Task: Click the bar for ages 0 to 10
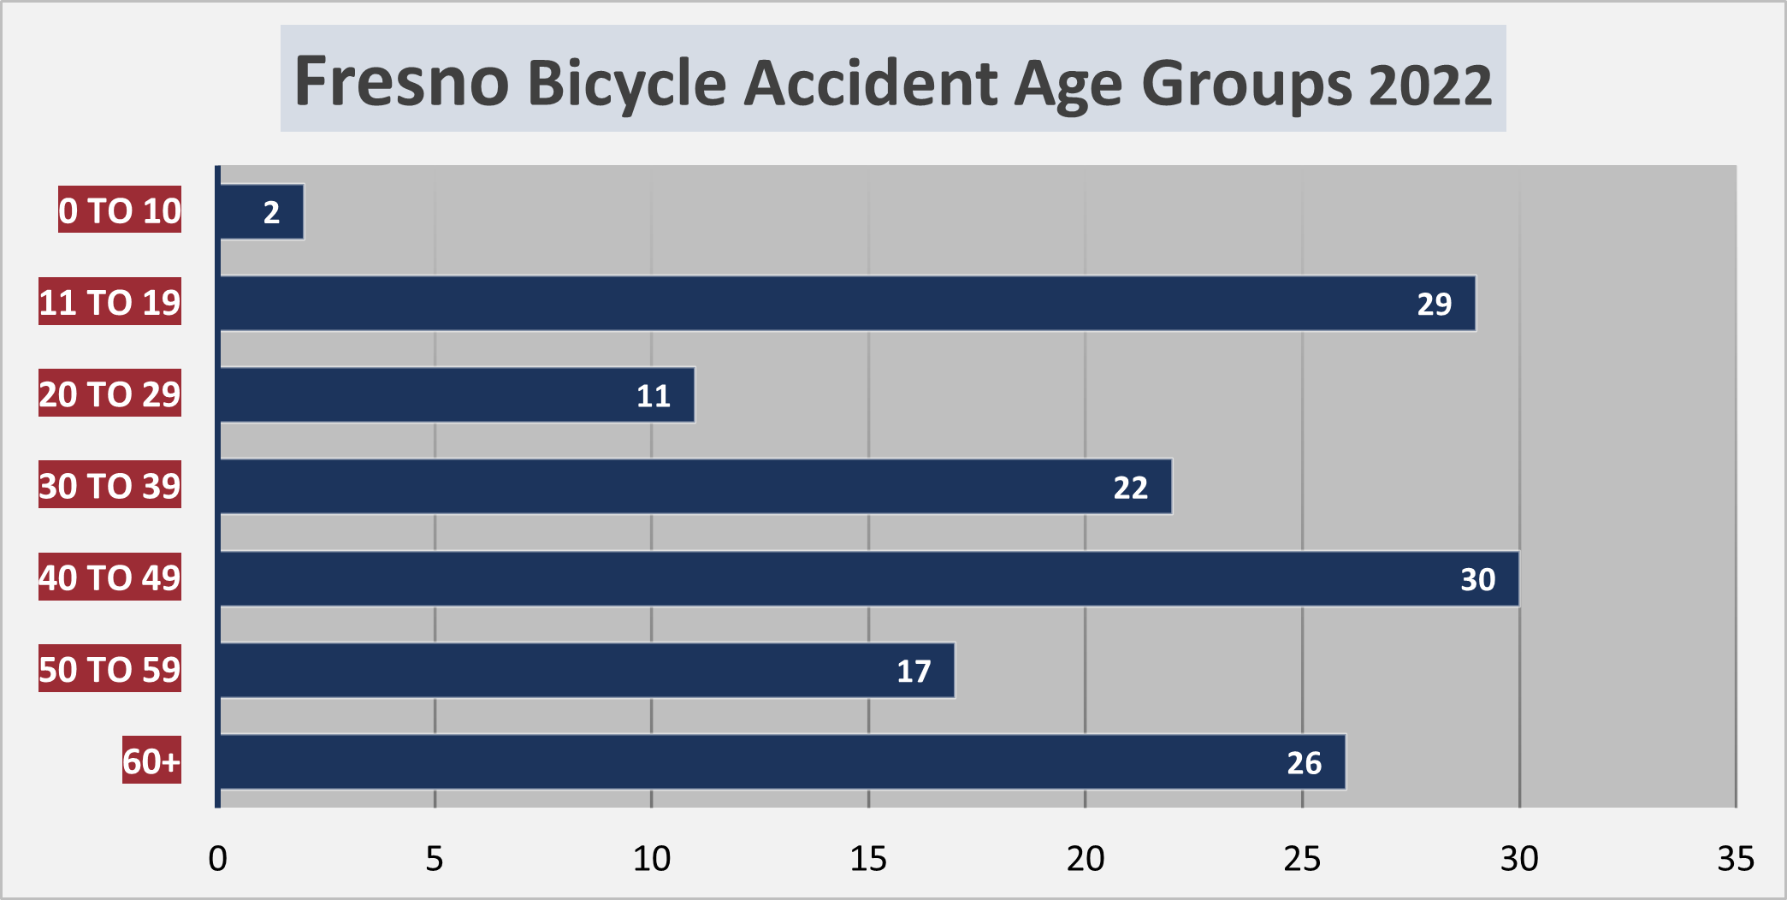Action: point(262,211)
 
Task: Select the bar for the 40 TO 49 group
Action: point(868,578)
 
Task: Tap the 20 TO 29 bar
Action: point(457,394)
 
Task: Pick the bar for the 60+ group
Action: point(782,761)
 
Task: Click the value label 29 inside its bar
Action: point(1434,304)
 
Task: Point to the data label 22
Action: point(1130,488)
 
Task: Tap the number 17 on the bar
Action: point(913,671)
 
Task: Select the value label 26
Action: point(1304,762)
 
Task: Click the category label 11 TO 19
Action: point(109,302)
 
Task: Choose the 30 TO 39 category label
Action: point(109,486)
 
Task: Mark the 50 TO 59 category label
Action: point(109,669)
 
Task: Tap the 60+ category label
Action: point(151,761)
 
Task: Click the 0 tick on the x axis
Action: point(218,858)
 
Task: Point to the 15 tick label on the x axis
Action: point(868,858)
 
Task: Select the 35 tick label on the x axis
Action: point(1736,858)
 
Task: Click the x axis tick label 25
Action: point(1302,858)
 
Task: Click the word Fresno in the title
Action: point(402,82)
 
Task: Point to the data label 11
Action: point(653,395)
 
